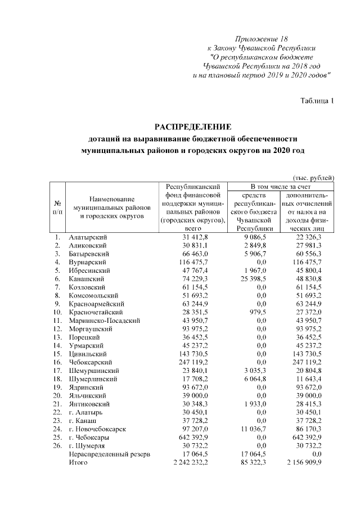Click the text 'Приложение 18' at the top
click(x=261, y=39)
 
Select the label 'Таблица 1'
click(x=317, y=101)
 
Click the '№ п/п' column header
click(x=57, y=208)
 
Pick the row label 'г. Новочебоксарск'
click(x=97, y=429)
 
